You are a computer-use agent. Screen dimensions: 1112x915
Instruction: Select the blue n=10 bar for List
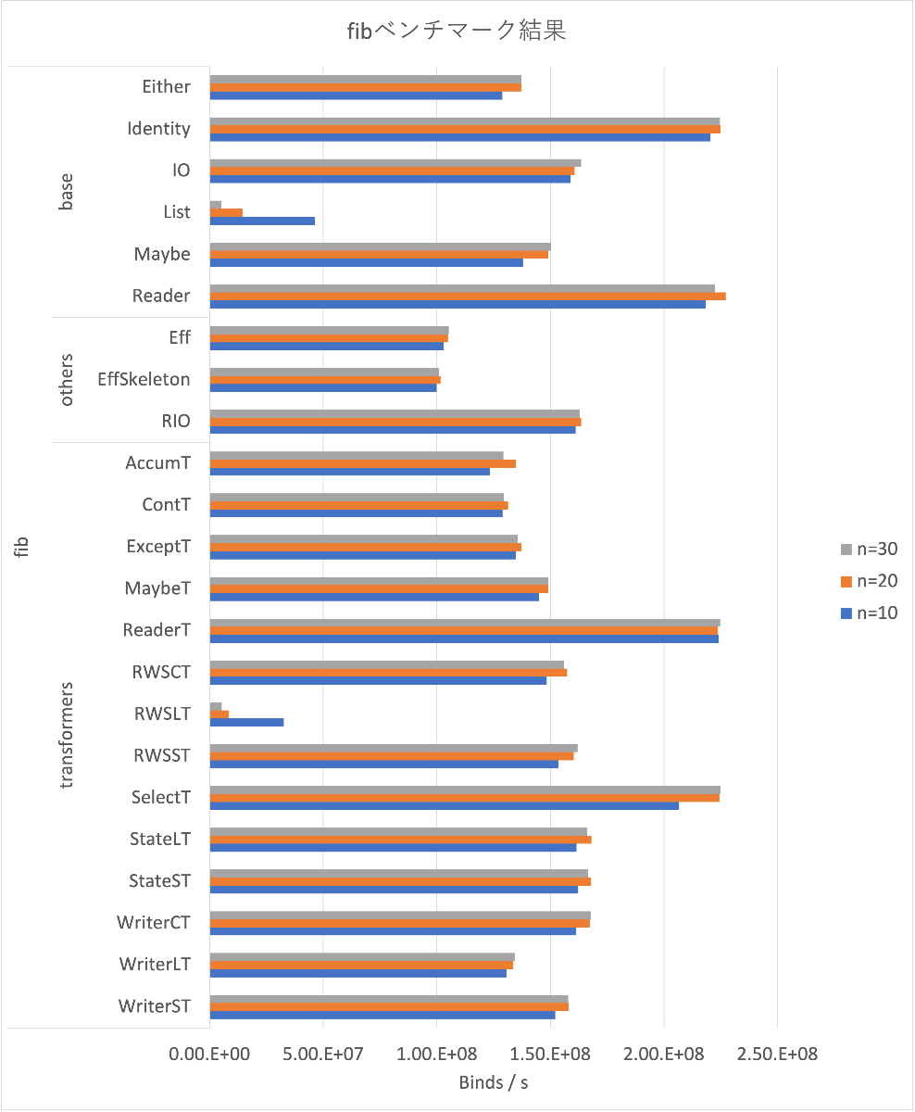(262, 221)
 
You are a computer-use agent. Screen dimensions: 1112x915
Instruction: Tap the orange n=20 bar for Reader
(468, 297)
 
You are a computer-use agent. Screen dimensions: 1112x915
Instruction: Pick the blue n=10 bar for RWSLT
(246, 722)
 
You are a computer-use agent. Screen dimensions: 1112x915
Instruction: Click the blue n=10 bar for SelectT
(445, 805)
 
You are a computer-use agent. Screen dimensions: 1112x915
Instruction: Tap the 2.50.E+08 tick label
(777, 1055)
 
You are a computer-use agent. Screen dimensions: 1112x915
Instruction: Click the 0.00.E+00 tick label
(210, 1055)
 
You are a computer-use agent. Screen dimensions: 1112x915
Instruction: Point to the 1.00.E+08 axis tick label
(437, 1055)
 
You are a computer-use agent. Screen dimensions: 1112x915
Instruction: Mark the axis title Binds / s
(494, 1082)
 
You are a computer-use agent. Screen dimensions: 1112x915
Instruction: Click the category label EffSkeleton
(144, 379)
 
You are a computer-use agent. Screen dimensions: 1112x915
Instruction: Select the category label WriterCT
(154, 922)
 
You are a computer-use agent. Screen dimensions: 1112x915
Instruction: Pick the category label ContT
(167, 505)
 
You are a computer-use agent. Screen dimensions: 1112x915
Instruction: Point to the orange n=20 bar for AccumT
(363, 463)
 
